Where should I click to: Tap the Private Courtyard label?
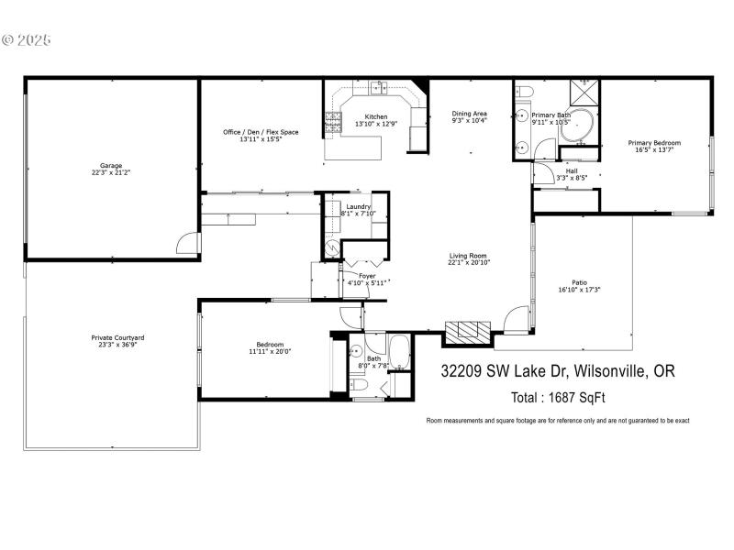(117, 337)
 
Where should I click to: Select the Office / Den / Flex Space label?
(261, 132)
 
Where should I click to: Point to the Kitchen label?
(376, 116)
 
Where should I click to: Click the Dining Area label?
(469, 113)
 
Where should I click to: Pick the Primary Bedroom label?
(654, 143)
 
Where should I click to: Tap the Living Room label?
(468, 256)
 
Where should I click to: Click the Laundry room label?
(358, 207)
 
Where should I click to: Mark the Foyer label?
(367, 275)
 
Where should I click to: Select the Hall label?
(572, 170)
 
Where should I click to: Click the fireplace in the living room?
(469, 331)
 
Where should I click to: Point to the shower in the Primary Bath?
(584, 93)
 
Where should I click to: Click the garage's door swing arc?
(188, 242)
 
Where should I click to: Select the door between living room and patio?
(517, 320)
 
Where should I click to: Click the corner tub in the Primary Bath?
(577, 129)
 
